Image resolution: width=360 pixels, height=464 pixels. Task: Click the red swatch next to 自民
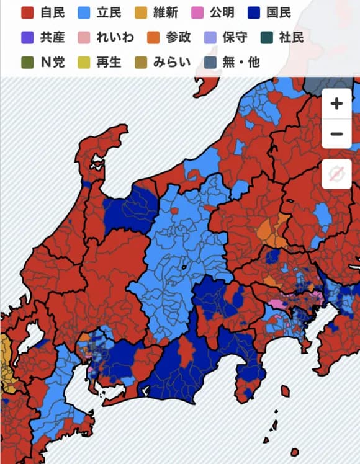click(x=27, y=12)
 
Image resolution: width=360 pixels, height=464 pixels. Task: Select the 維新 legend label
click(x=166, y=12)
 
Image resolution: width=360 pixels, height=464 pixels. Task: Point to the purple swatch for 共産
click(x=27, y=37)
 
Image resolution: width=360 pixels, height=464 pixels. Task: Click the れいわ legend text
click(x=115, y=37)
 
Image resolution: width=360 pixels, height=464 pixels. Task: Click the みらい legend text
click(x=173, y=62)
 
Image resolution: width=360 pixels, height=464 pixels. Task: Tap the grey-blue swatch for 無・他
click(x=210, y=62)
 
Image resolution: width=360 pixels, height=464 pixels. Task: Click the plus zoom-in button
click(x=336, y=104)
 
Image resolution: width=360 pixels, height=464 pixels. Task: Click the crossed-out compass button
click(x=336, y=175)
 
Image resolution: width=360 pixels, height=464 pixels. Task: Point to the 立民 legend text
click(x=109, y=12)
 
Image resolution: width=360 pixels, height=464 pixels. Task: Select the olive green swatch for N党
click(x=27, y=62)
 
